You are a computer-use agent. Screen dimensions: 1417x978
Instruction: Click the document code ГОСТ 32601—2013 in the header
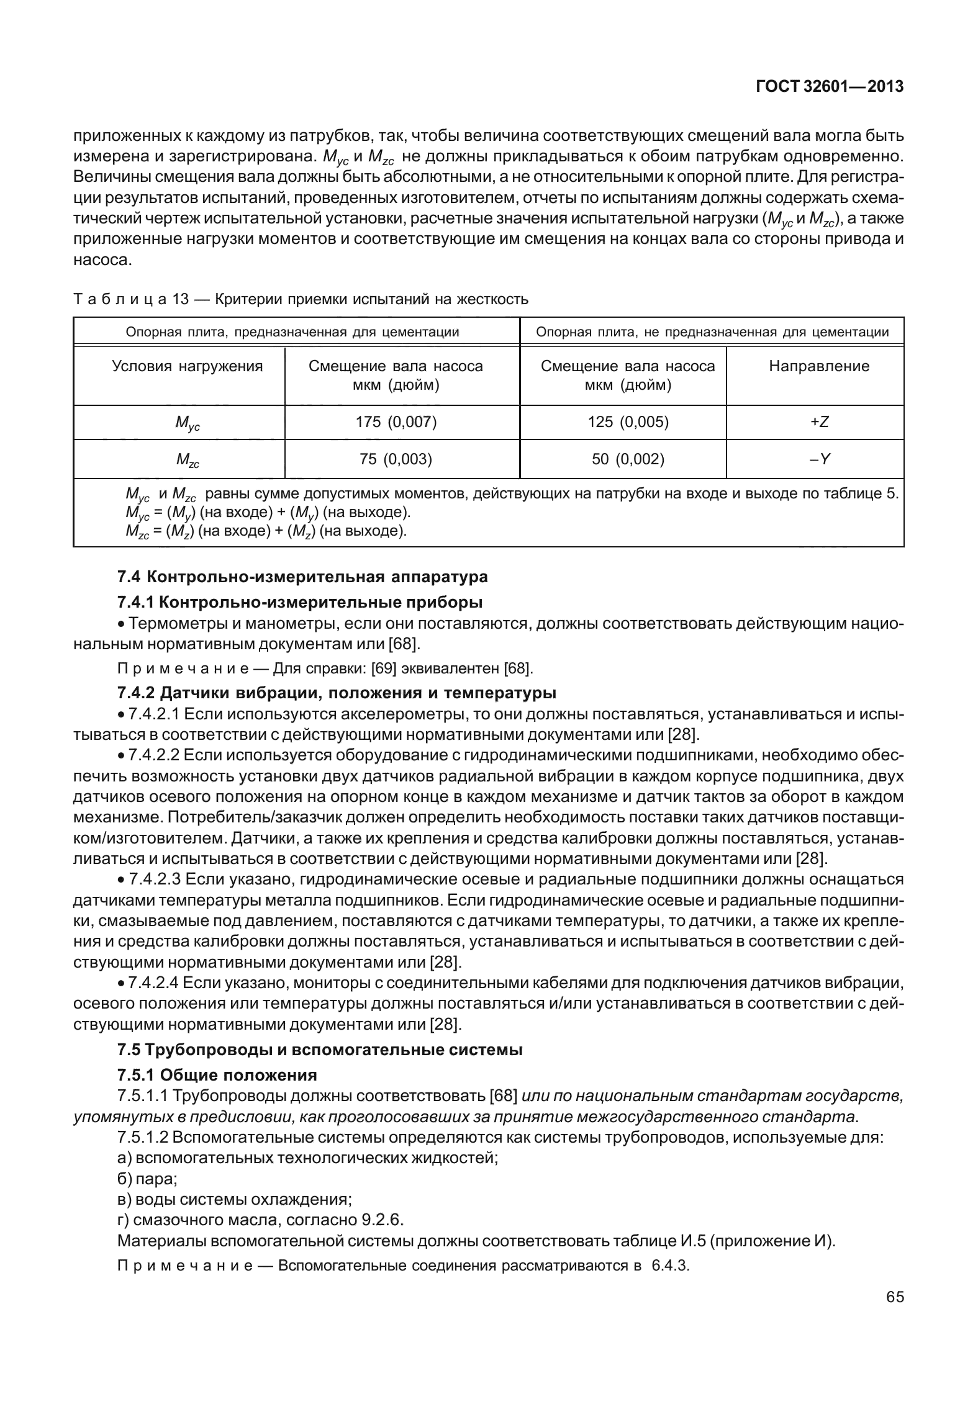tap(829, 87)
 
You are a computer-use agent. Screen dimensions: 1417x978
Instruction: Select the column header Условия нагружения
tap(187, 366)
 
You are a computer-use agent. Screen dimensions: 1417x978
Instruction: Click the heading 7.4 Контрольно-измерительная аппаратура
tap(302, 577)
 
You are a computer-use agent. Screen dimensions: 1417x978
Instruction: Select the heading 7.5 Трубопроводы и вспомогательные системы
tap(319, 1050)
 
